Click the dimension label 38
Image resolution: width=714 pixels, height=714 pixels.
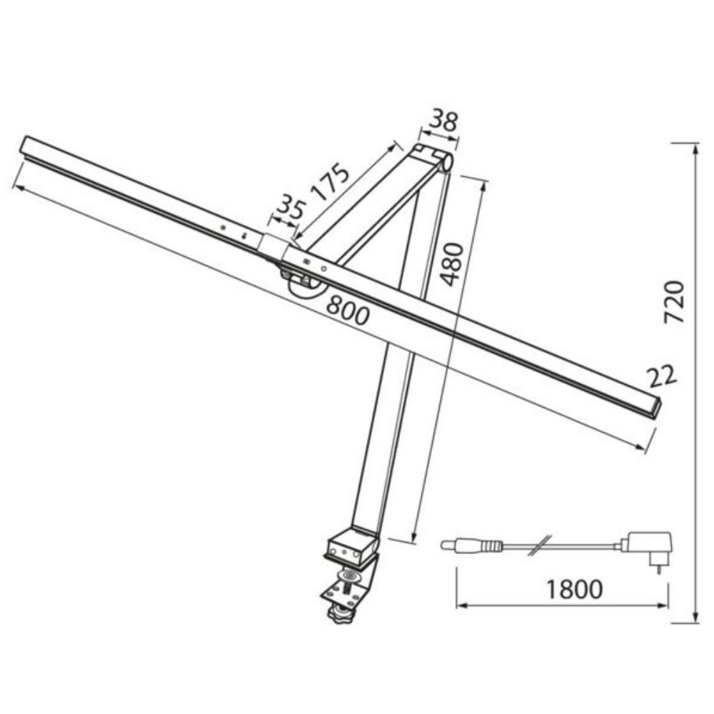click(x=444, y=120)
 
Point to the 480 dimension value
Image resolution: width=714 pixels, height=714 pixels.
click(x=453, y=265)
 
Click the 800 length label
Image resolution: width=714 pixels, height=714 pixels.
click(x=348, y=310)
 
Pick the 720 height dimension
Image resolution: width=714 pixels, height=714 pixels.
click(x=674, y=302)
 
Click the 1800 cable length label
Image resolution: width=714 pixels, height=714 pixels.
click(x=574, y=589)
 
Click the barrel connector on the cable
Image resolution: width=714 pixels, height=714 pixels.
click(x=471, y=545)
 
